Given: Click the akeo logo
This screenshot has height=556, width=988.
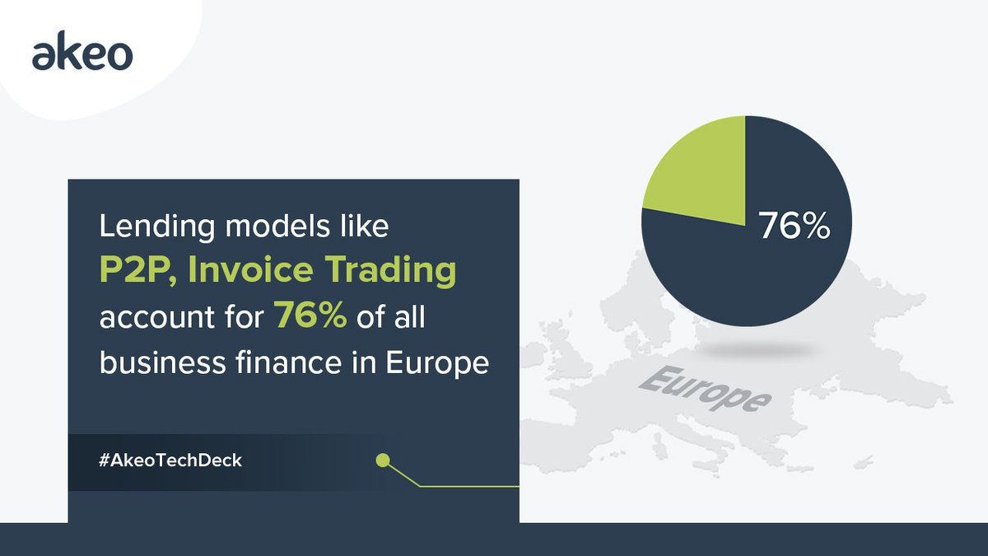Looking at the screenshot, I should coord(82,56).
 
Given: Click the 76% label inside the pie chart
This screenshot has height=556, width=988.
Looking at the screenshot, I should coord(793,227).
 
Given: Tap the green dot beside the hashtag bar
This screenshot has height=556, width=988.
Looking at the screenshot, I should coord(382,460).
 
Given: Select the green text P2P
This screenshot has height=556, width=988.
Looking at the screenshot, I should coord(134,273).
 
